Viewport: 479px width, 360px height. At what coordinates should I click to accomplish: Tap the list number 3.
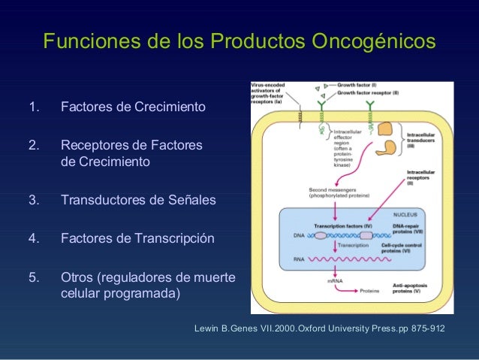(x=33, y=200)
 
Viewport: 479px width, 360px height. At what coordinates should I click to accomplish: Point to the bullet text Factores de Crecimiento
(x=132, y=107)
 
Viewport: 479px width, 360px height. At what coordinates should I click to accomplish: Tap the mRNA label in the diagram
(x=335, y=281)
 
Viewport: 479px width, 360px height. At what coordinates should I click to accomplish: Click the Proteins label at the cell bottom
(x=369, y=290)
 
